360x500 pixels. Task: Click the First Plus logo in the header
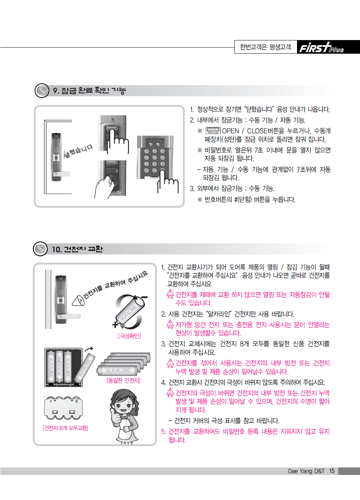321,48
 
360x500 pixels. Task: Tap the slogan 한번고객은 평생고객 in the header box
266,47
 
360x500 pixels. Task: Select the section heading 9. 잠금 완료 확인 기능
89,91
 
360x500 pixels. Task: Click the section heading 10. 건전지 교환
77,249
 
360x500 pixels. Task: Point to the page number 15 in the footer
332,471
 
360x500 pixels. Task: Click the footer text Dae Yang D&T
306,471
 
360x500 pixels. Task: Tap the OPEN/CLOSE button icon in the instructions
213,131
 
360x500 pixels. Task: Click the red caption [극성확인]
130,336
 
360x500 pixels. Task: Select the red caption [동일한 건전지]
124,380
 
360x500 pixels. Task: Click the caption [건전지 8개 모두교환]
65,428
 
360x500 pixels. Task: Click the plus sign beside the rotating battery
115,325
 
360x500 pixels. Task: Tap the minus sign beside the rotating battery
145,297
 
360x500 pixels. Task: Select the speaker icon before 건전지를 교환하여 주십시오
78,300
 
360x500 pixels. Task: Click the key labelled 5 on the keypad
155,157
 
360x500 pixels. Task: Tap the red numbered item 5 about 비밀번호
245,436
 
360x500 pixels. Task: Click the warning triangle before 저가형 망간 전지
170,324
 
